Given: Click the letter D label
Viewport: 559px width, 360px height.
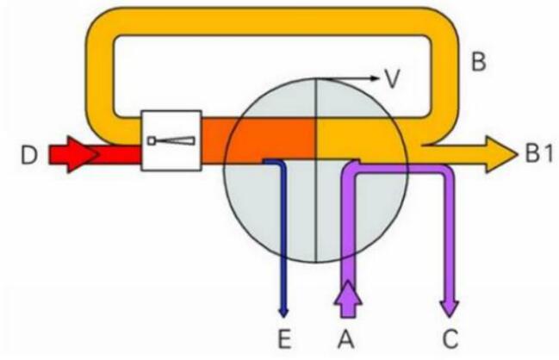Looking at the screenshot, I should click(x=28, y=155).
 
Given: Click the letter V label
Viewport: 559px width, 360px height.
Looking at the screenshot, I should click(x=392, y=78).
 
